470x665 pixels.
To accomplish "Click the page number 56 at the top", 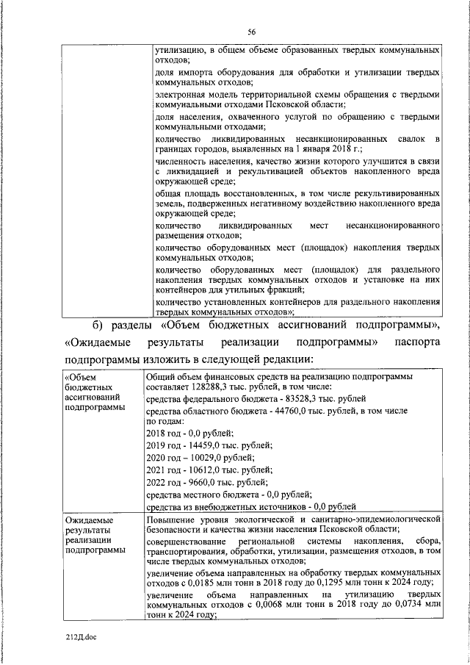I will tap(251, 32).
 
